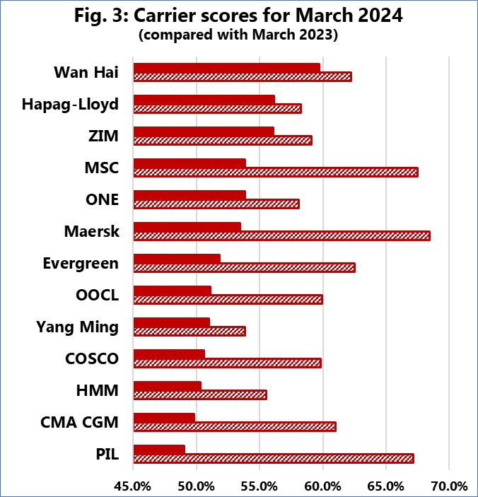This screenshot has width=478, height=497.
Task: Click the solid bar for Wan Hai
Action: pos(226,67)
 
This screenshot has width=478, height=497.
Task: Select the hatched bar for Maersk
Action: pos(281,235)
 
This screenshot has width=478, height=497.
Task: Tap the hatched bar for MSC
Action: pos(275,172)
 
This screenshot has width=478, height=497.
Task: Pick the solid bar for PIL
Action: pos(159,449)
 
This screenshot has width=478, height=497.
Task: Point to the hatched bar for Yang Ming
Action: pos(190,331)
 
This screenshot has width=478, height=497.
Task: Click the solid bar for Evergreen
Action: pos(177,258)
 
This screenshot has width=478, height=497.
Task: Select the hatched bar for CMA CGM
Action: pos(234,426)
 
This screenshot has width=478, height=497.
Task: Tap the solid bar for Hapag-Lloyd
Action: pos(204,99)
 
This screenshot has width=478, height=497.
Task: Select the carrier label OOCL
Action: pos(97,295)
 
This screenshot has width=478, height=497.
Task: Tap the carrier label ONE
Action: pos(102,199)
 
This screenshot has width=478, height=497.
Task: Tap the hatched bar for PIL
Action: pos(273,458)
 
